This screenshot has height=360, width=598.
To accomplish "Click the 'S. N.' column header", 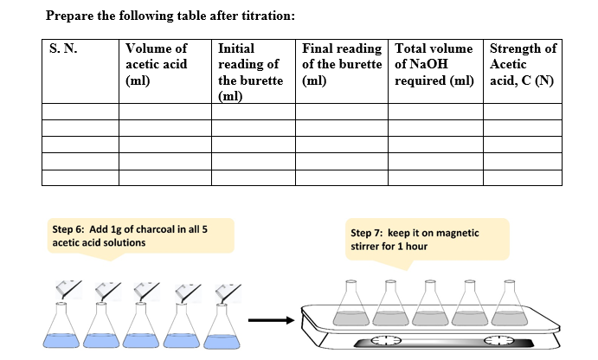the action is coord(63,48).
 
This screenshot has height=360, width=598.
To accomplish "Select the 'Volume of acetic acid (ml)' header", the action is coord(157,64).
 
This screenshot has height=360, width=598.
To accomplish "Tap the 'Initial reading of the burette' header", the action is coord(251,72).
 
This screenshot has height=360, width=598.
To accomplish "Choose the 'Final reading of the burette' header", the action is coord(342,64).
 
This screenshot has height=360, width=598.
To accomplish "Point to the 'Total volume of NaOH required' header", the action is coord(434,64).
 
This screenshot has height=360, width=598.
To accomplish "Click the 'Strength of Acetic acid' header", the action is coord(523,64).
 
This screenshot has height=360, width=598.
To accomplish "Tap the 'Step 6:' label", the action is coord(68,229).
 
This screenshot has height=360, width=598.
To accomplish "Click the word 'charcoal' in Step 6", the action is coord(155,229).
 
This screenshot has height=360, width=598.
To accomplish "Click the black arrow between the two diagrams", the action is coord(271,320).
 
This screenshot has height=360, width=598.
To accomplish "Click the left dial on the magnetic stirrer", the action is coord(386,340).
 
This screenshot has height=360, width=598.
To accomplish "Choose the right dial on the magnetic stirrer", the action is coord(499,340).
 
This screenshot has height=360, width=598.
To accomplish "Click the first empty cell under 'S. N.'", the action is coord(80,112).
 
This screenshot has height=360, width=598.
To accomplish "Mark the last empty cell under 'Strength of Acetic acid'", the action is coord(523,178).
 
